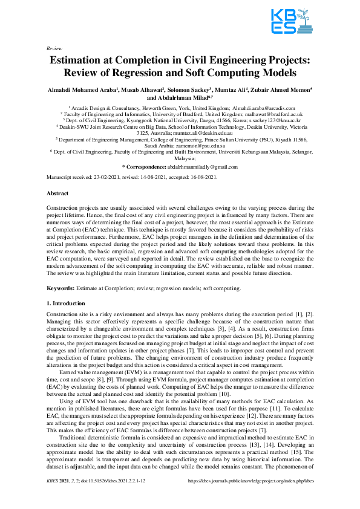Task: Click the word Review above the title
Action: pyautogui.click(x=54, y=47)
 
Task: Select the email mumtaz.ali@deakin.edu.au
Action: pyautogui.click(x=198, y=131)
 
